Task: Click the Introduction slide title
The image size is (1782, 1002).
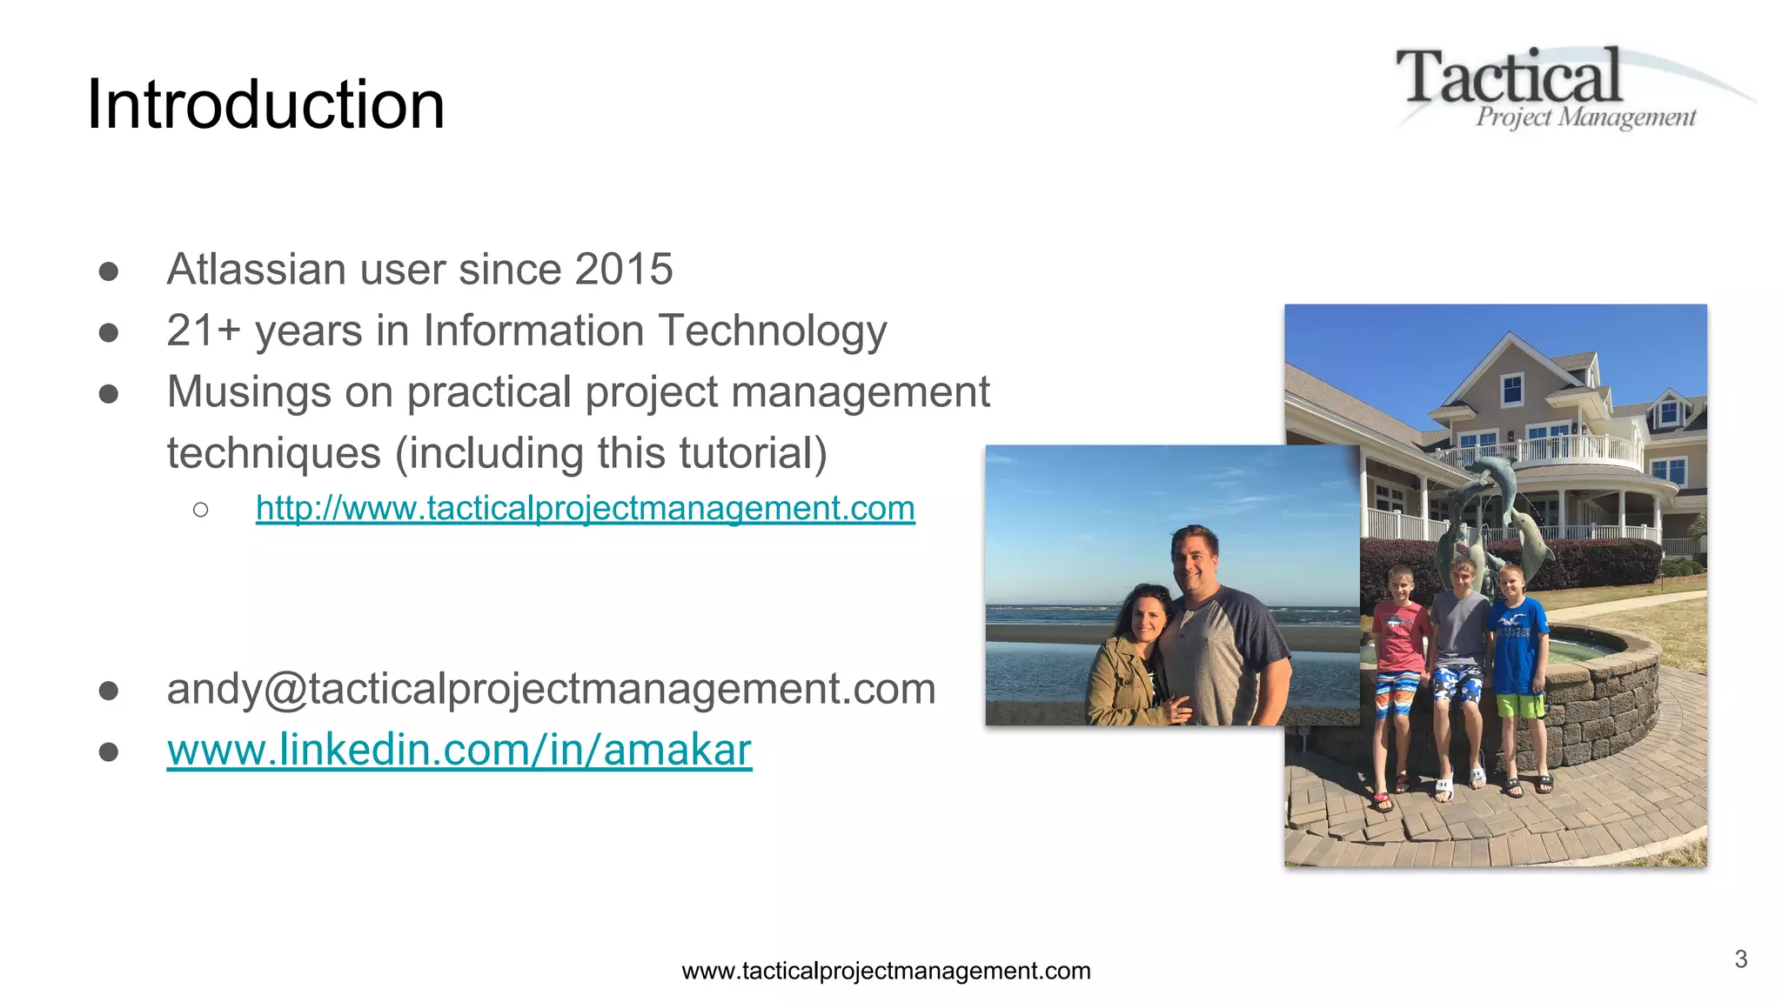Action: click(x=265, y=104)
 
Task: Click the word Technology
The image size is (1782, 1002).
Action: click(x=773, y=331)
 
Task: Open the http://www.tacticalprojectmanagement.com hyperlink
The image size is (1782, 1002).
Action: click(x=585, y=508)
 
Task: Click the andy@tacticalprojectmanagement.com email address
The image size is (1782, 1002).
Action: click(x=551, y=689)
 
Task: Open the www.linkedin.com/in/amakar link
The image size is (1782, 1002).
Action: click(x=459, y=750)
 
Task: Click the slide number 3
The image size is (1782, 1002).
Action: click(x=1740, y=959)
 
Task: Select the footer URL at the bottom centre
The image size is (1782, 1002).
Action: click(x=886, y=971)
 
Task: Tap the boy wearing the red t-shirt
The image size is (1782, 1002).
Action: click(x=1398, y=661)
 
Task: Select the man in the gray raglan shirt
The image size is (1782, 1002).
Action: click(x=1223, y=635)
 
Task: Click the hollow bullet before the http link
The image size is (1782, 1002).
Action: click(x=201, y=510)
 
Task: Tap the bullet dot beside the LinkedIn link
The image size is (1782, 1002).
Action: click(x=109, y=751)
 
